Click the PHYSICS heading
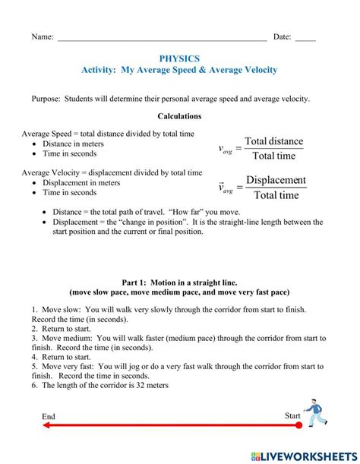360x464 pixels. tap(179, 58)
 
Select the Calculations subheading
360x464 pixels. tap(179, 116)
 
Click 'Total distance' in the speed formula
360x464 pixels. tap(273, 141)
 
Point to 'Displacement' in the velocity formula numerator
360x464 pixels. tap(276, 180)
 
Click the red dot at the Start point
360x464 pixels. tap(298, 425)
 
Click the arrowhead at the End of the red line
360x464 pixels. tap(47, 425)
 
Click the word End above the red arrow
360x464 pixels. tap(49, 415)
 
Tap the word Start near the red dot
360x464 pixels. tap(292, 415)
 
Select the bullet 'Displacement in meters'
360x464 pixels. tap(81, 183)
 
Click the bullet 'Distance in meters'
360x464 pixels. tap(73, 144)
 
